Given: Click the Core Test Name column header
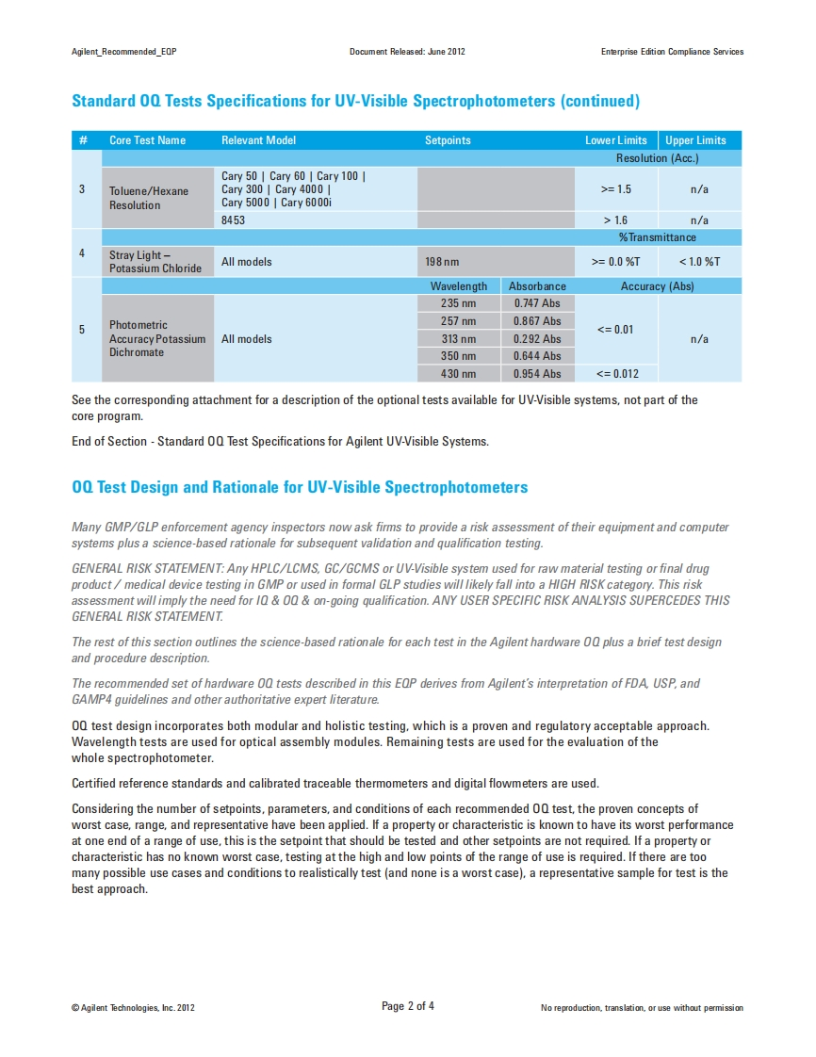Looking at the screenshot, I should pos(147,140).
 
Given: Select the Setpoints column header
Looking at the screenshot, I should pos(448,140).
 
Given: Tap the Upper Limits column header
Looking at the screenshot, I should pos(695,140).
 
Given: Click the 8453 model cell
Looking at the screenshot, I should pos(234,220).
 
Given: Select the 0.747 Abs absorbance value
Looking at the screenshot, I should pos(537,304).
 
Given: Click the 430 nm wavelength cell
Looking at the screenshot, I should pos(458,374).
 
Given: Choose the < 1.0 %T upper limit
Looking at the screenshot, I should pos(699,262).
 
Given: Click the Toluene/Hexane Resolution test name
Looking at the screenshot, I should pos(149,198).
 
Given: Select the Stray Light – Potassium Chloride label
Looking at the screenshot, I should pos(155,262).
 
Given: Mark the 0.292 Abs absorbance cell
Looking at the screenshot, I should pos(537,339).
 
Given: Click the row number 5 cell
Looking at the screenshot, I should pos(82,330).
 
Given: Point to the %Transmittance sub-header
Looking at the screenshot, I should pos(657,237).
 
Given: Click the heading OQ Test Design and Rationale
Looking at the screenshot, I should pos(300,487).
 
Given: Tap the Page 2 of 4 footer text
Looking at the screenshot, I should pos(408,1006).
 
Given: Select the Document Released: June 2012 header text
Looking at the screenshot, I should pos(407,52).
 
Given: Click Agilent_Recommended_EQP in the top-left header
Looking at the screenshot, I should pos(124,52).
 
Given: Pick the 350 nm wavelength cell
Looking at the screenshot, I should pos(458,356).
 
